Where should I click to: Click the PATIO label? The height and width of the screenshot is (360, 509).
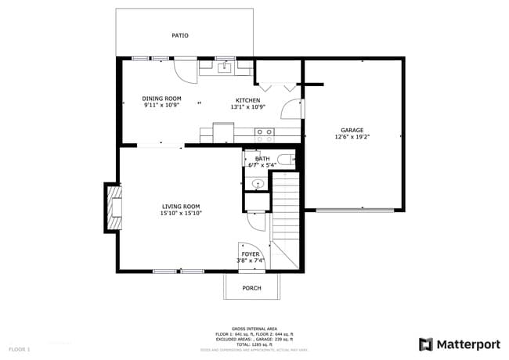(x=180, y=35)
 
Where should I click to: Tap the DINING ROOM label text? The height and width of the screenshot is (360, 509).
(x=162, y=99)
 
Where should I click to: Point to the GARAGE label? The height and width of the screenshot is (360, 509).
(x=352, y=130)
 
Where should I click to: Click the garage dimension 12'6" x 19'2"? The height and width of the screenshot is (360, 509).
(x=352, y=137)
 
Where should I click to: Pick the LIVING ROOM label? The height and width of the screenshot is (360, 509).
(x=181, y=206)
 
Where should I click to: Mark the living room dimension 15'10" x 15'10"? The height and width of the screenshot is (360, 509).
(x=181, y=213)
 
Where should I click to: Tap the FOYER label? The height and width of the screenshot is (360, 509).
(x=251, y=254)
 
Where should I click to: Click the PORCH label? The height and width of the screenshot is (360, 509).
(x=251, y=288)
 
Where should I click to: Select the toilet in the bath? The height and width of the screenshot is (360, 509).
(x=285, y=160)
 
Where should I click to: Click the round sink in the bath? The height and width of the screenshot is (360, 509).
(x=257, y=184)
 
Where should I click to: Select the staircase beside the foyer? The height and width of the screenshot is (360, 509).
(x=287, y=215)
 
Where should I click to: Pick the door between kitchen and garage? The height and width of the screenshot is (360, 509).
(x=293, y=108)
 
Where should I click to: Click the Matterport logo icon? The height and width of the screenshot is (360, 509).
(x=426, y=344)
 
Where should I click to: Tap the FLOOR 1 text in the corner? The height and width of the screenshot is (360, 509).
(x=20, y=348)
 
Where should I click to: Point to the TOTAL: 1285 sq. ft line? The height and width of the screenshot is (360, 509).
(x=251, y=344)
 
